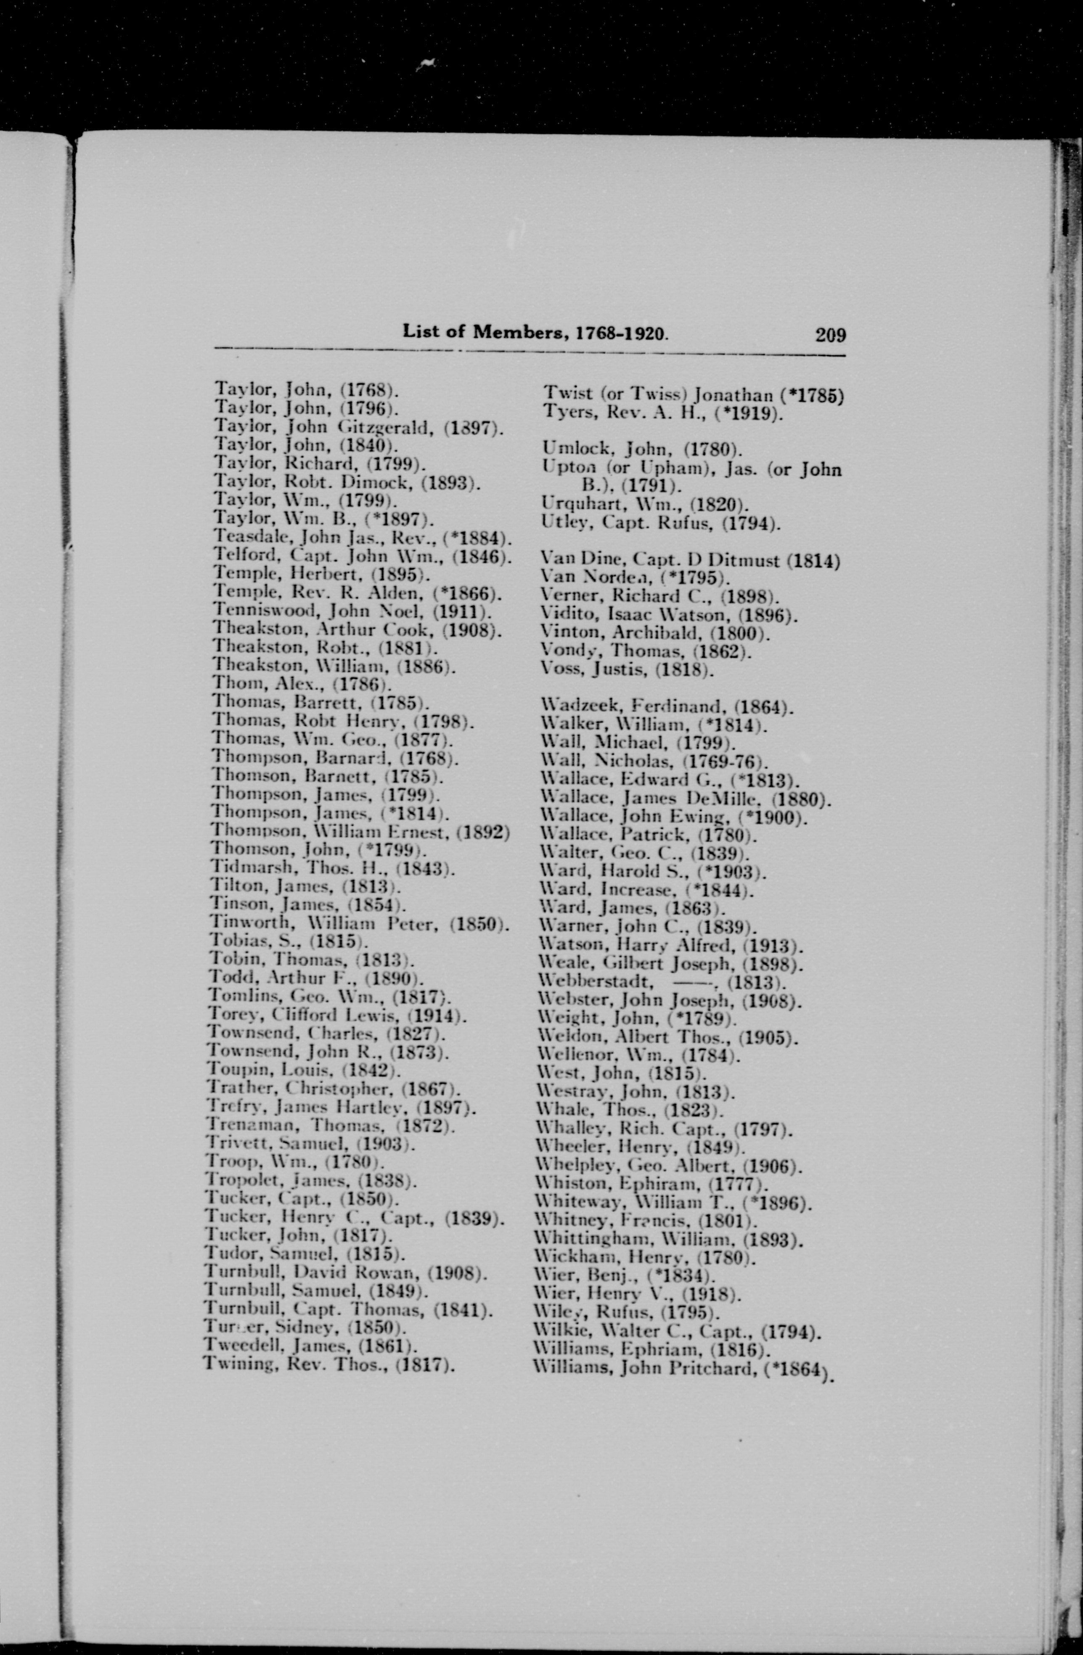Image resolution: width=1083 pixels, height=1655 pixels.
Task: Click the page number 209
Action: click(831, 335)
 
